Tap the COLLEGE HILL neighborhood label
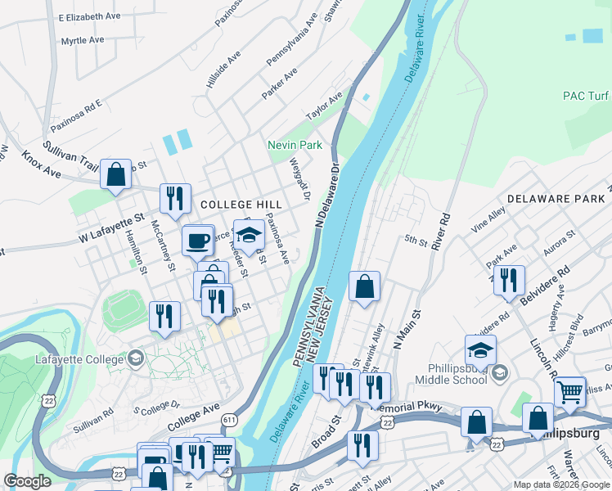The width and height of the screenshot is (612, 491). [x=241, y=205]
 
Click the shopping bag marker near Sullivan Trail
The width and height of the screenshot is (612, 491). [x=115, y=173]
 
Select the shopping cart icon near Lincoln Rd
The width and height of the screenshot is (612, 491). [x=569, y=391]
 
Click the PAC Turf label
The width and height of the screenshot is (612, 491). [x=584, y=96]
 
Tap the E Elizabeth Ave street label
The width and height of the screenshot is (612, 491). [x=89, y=16]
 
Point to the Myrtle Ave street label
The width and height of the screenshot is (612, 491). [x=83, y=40]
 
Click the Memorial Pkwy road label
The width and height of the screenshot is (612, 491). [x=406, y=407]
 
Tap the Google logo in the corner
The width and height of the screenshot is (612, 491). [x=27, y=481]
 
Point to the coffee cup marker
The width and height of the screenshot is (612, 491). [x=197, y=241]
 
